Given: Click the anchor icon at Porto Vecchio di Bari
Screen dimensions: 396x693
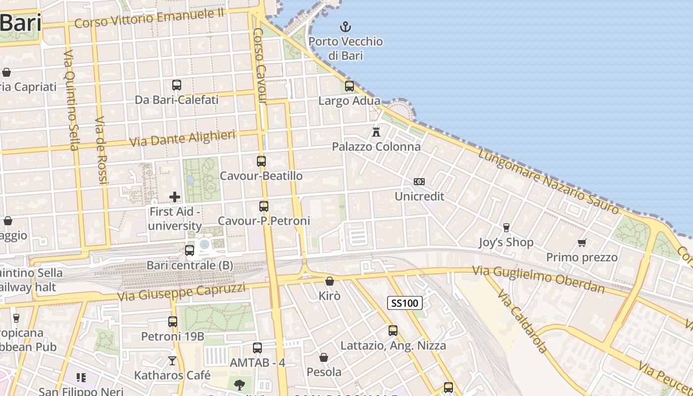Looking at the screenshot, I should coord(346,27).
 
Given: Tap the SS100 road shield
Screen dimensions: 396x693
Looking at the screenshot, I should coord(405,303).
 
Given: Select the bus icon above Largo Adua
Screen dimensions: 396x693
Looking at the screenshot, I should coord(349,86).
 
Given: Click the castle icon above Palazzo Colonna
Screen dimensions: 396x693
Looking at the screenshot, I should coord(376,132).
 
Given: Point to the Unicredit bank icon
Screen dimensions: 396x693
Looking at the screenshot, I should coord(419,182).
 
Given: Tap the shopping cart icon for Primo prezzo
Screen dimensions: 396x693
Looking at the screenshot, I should coord(582,243).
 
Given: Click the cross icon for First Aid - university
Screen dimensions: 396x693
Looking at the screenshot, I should coord(175,197).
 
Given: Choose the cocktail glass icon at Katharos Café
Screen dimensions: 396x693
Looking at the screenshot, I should coord(172,360).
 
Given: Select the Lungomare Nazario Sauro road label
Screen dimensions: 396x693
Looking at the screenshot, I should coord(548,182).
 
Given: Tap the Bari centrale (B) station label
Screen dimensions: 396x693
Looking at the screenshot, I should coord(190,265).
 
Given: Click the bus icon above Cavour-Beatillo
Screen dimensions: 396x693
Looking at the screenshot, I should coord(261,161).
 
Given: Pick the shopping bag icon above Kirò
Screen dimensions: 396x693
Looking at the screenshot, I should coord(330,281).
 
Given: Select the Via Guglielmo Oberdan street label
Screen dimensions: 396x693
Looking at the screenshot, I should coord(538,280).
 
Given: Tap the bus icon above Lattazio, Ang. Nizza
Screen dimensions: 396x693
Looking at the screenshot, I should coord(393,330).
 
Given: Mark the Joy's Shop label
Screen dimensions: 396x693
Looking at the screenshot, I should coord(506,243).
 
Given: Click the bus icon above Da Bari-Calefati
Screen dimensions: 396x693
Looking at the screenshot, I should coord(177,85).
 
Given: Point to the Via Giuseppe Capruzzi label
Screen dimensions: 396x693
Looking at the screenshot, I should coord(181,292).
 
